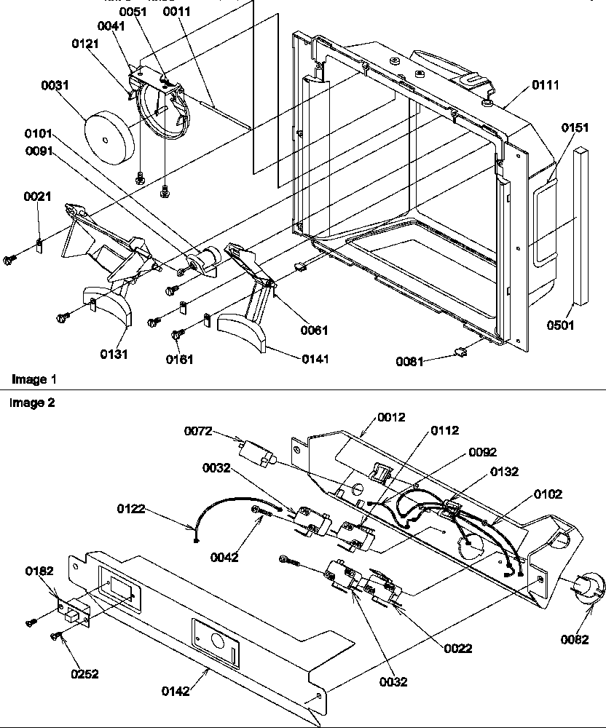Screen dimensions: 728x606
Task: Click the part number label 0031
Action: [55, 85]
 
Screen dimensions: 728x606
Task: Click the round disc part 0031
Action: [106, 135]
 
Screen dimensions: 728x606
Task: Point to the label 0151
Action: [575, 127]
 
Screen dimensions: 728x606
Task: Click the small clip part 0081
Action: [460, 353]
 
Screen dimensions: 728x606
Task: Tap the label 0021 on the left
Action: [36, 197]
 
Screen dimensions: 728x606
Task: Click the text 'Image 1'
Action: [34, 379]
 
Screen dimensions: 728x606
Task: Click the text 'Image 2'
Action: [34, 403]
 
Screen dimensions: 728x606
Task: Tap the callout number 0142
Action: [175, 692]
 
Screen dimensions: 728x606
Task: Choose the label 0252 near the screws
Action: [84, 674]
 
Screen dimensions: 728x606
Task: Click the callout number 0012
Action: [392, 417]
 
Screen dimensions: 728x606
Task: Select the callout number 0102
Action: [547, 494]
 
